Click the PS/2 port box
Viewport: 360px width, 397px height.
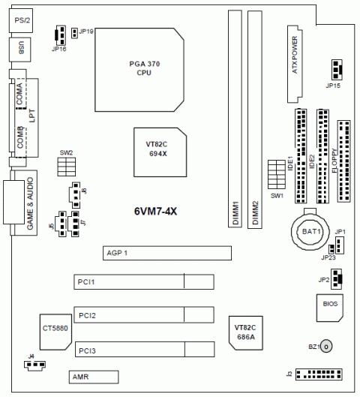(x=21, y=20)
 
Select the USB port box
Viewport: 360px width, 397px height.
(x=20, y=50)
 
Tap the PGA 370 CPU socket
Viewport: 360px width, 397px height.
(x=139, y=70)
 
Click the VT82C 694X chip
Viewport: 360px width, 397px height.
(x=160, y=152)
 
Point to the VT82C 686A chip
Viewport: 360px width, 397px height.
(x=246, y=333)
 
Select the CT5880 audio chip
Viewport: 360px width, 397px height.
(x=55, y=332)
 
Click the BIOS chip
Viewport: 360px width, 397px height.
(x=330, y=308)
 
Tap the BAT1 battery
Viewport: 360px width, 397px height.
(x=310, y=231)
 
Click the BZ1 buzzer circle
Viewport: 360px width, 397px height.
(x=326, y=347)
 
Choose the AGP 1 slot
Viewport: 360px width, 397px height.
(x=167, y=253)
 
